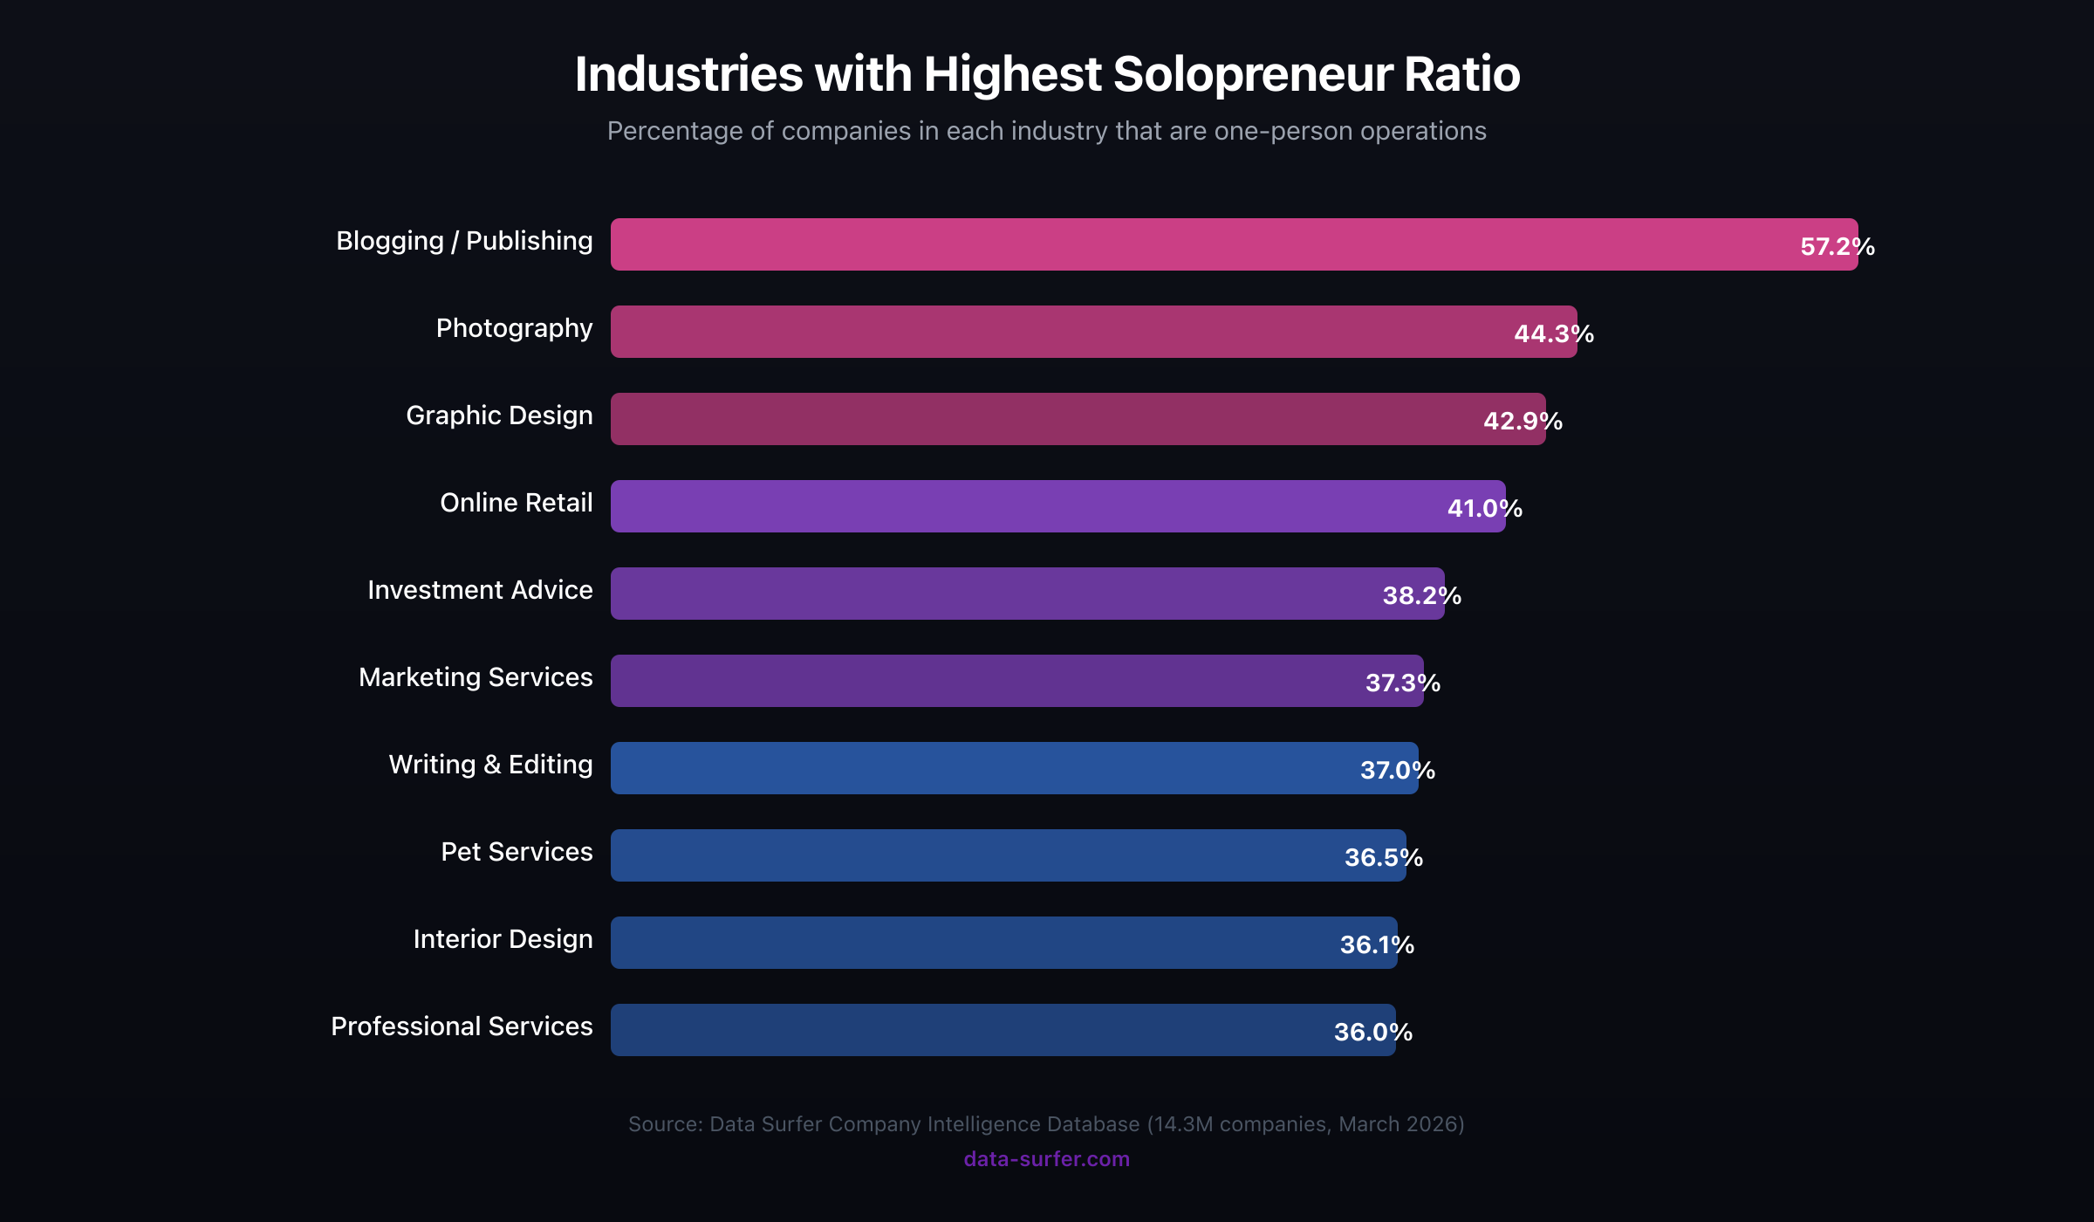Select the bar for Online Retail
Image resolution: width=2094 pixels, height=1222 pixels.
pyautogui.click(x=1047, y=506)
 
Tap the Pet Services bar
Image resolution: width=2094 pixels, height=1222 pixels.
pyautogui.click(x=1003, y=855)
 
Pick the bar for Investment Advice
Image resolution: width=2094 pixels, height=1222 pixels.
pyautogui.click(x=1021, y=594)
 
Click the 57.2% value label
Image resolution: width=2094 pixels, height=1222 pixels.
pyautogui.click(x=1837, y=246)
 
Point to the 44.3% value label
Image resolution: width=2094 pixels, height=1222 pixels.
pyautogui.click(x=1554, y=333)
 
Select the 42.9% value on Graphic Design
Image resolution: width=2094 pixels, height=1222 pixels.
pyautogui.click(x=1523, y=421)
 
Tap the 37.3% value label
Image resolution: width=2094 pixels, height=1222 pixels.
pyautogui.click(x=1402, y=683)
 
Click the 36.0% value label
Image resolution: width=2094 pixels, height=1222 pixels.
pyautogui.click(x=1372, y=1032)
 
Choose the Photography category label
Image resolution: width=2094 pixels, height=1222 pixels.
pyautogui.click(x=514, y=328)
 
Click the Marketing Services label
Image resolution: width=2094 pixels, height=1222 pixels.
pyautogui.click(x=476, y=677)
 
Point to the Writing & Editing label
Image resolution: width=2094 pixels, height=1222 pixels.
pyautogui.click(x=490, y=765)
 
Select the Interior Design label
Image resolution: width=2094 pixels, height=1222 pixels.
pyautogui.click(x=503, y=939)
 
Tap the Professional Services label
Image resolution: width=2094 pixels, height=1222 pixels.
pyautogui.click(x=462, y=1026)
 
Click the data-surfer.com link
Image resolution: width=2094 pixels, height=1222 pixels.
pyautogui.click(x=1046, y=1159)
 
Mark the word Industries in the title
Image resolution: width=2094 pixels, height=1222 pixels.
pyautogui.click(x=688, y=74)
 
